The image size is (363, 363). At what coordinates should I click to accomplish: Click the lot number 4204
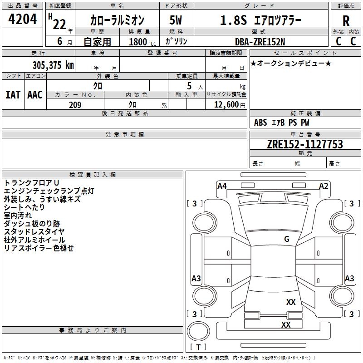[23, 20]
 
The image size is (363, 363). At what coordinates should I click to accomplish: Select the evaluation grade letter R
[346, 21]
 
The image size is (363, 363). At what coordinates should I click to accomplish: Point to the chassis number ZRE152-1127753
[304, 145]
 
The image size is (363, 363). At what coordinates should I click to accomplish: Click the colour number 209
[75, 105]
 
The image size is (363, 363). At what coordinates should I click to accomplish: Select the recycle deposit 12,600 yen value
[230, 105]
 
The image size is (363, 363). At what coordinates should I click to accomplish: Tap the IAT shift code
[13, 94]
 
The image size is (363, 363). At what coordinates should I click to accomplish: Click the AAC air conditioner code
[35, 94]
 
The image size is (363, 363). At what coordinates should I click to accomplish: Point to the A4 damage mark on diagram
[222, 186]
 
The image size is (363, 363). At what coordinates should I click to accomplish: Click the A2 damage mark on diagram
[324, 186]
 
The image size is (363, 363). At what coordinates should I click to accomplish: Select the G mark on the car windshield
[287, 239]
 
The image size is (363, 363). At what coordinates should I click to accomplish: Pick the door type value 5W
[176, 20]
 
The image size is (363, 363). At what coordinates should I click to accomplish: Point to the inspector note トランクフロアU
[31, 182]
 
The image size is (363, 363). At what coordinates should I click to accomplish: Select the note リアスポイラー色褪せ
[39, 248]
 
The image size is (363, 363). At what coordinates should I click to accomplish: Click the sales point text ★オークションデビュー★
[290, 63]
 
